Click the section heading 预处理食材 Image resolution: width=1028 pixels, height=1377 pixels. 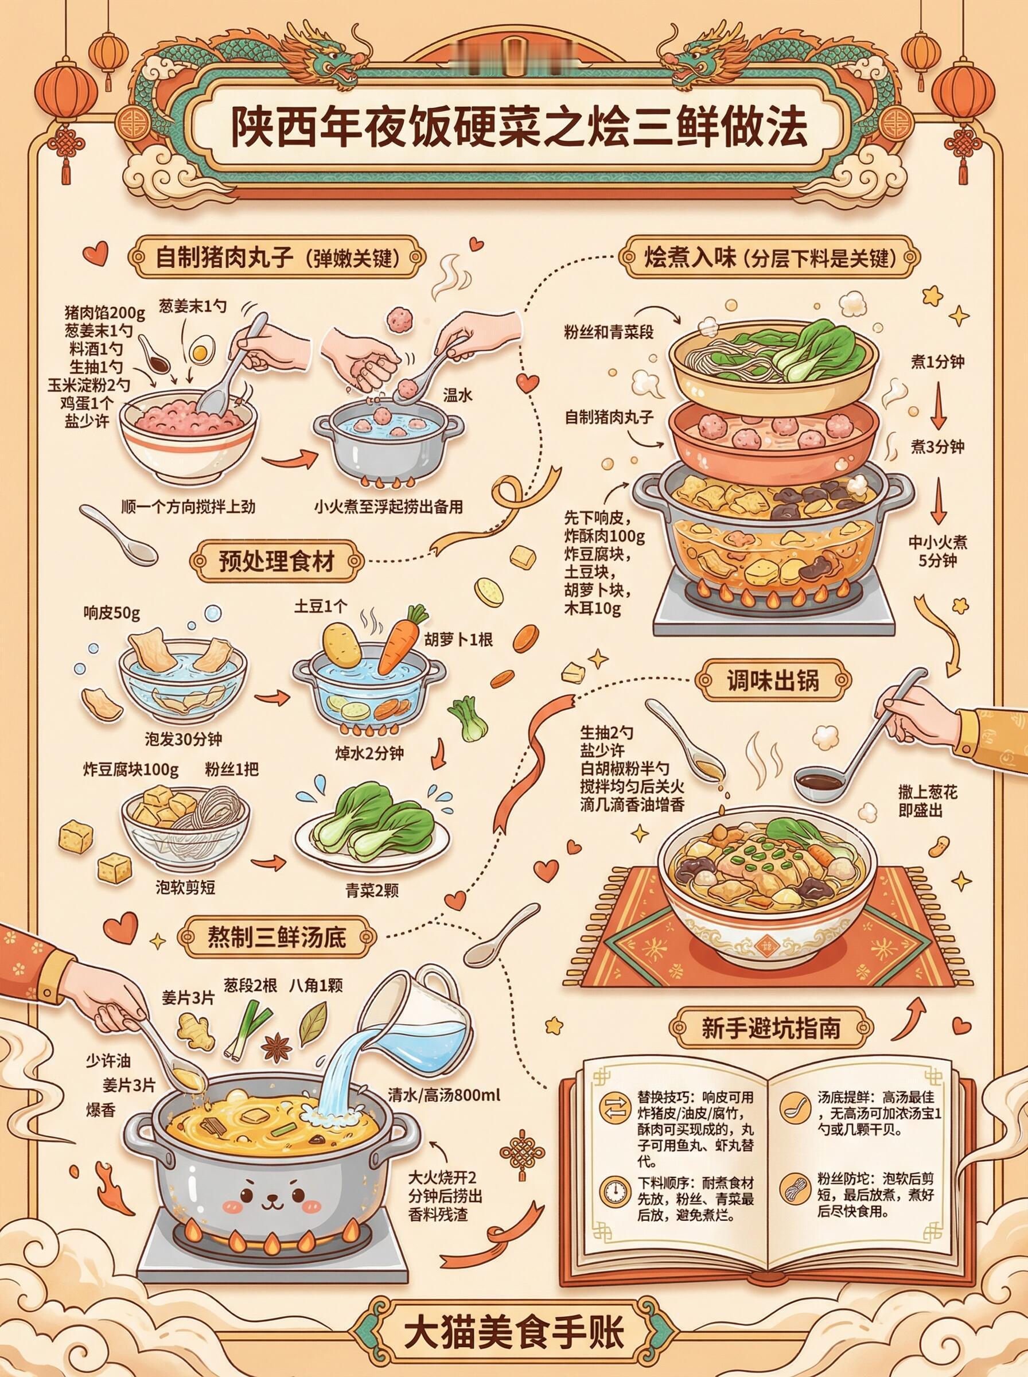pyautogui.click(x=277, y=562)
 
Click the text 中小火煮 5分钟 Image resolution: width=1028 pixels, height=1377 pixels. pyautogui.click(x=938, y=551)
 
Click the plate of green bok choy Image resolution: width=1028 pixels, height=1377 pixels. pyautogui.click(x=373, y=828)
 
